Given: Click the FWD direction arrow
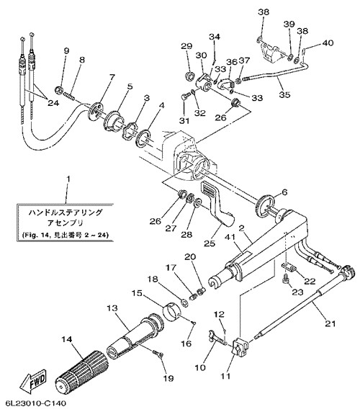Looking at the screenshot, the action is (x=33, y=380).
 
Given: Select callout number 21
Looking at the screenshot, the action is (x=330, y=323).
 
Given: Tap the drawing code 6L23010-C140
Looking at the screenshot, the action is (x=33, y=403).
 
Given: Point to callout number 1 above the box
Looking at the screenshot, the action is (x=68, y=179).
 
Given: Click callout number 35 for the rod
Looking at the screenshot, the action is (x=284, y=94).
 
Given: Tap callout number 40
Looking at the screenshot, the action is (x=328, y=42).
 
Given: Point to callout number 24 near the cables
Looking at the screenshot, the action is (x=53, y=103).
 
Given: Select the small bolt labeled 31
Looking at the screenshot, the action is (x=184, y=97).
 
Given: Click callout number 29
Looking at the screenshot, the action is (x=186, y=46).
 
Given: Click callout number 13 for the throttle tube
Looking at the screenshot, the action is (x=112, y=308).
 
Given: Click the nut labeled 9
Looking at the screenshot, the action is (x=59, y=90).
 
